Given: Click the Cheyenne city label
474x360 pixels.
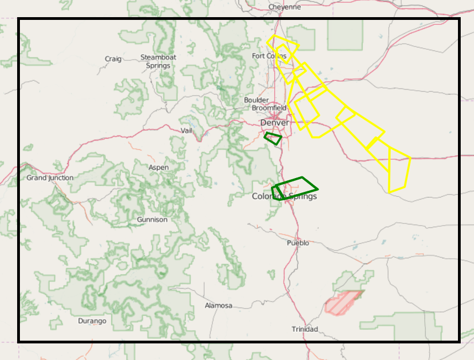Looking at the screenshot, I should click(x=284, y=7).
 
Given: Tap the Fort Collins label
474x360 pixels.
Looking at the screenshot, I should click(x=269, y=56).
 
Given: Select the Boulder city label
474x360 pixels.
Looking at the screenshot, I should click(x=256, y=100).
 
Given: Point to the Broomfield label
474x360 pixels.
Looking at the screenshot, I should click(x=269, y=108).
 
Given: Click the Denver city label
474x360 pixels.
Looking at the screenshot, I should click(x=274, y=122).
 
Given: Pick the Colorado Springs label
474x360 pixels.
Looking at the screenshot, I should click(x=284, y=196).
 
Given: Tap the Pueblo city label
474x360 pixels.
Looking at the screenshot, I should click(x=298, y=243).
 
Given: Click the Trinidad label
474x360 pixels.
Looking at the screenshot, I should click(x=305, y=330).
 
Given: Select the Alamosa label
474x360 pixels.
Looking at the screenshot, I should click(x=218, y=306).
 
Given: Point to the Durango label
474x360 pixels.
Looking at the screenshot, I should click(x=92, y=321).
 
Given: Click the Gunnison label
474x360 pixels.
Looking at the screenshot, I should click(x=152, y=220).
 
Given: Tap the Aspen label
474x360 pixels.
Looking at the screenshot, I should click(x=159, y=168).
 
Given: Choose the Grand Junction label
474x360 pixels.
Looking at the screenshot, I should click(x=50, y=178).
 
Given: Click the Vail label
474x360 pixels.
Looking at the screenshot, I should click(x=186, y=131).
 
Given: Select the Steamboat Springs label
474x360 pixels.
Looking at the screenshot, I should click(x=158, y=61).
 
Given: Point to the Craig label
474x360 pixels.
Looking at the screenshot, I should click(x=113, y=59).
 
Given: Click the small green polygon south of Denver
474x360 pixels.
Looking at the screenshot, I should click(x=273, y=138).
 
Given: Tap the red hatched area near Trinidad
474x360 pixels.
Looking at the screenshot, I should click(x=343, y=302).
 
